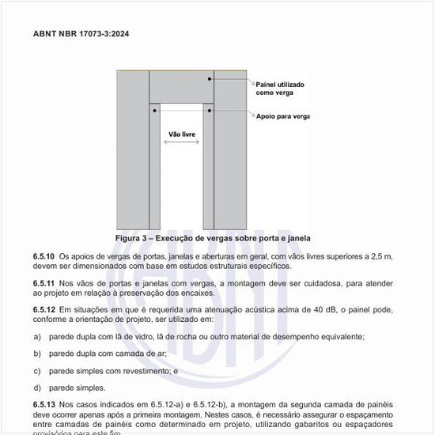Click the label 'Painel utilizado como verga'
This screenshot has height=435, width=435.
[x=280, y=88]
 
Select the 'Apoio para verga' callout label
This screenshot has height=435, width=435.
[x=282, y=116]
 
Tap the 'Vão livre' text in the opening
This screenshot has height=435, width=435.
[x=182, y=134]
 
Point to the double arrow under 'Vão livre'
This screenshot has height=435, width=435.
[x=182, y=143]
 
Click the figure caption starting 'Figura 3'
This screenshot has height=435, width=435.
[x=212, y=238]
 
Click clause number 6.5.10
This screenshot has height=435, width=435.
[x=43, y=257]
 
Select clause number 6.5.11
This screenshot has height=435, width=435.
[x=43, y=283]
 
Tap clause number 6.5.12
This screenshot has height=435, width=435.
[x=43, y=309]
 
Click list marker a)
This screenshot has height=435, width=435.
[x=37, y=337]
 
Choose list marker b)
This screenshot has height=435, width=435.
[x=37, y=354]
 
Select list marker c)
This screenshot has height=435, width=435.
[x=37, y=370]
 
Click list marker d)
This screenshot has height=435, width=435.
[x=37, y=388]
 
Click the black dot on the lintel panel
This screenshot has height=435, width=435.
[x=210, y=79]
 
